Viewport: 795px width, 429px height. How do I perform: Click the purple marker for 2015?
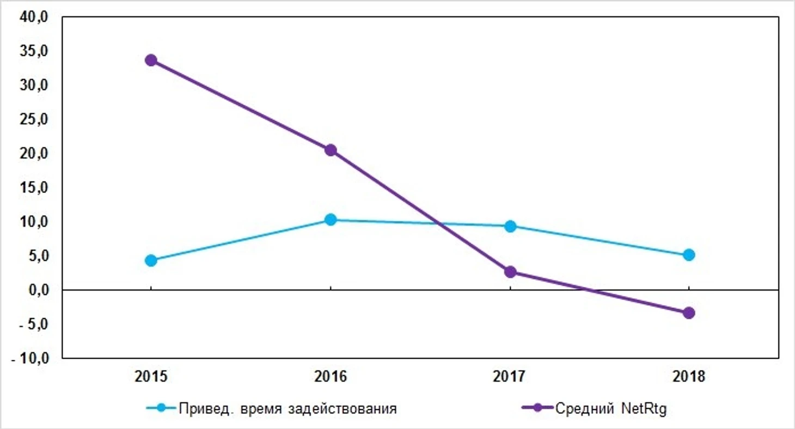[151, 60]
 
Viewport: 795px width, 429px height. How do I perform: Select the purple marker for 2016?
[331, 150]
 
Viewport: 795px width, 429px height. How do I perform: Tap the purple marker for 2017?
[510, 272]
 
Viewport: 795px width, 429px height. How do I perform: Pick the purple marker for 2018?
[689, 313]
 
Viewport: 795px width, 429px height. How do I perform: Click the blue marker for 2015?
[151, 261]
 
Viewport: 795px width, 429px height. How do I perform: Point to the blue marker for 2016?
[331, 220]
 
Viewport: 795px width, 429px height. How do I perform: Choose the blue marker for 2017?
[510, 226]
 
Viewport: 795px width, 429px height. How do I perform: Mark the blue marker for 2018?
[689, 255]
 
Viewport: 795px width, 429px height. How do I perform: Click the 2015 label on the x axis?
[151, 377]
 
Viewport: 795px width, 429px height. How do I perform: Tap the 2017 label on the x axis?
[510, 377]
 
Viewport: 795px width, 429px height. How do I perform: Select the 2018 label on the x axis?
[689, 377]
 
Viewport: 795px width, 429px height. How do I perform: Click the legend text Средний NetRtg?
[611, 408]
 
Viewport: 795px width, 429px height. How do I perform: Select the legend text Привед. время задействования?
[288, 408]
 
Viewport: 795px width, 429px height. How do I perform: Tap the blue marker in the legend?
[161, 408]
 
